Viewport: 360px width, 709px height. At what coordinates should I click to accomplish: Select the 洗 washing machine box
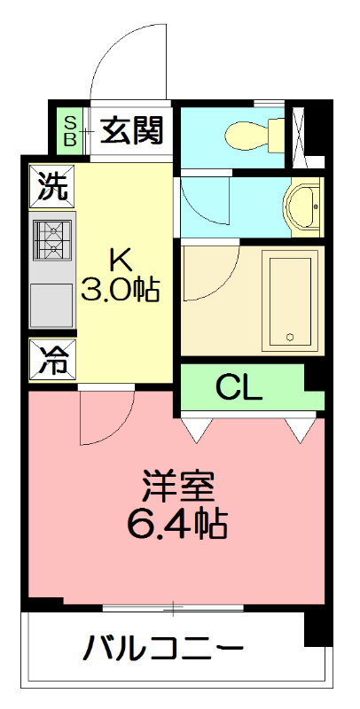[x=51, y=187]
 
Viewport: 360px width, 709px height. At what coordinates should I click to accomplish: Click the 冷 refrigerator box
[x=51, y=361]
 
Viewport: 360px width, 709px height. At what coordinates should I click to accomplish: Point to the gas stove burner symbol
[x=51, y=239]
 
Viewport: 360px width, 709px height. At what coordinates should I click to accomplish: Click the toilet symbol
[x=253, y=136]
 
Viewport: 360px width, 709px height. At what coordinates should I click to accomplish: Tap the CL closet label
[x=239, y=387]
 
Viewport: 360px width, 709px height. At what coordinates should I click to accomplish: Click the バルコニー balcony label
[x=163, y=650]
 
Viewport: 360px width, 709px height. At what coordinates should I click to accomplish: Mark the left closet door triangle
[x=199, y=430]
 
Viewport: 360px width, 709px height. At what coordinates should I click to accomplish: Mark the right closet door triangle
[x=300, y=430]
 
